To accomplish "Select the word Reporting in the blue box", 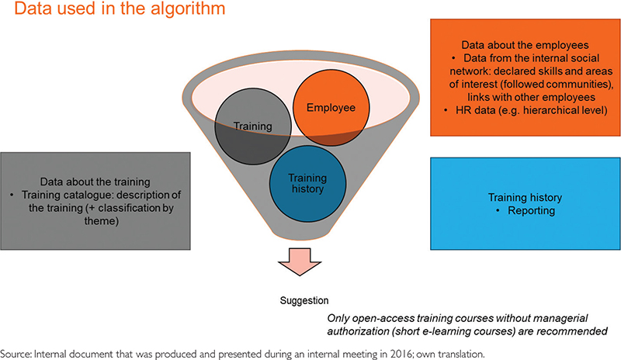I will (517, 209).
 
